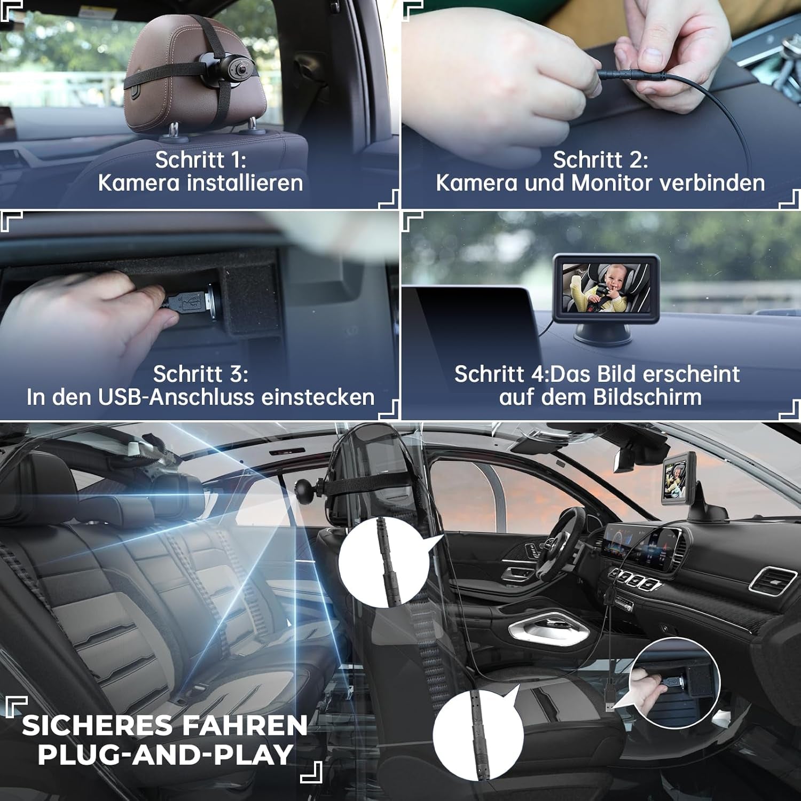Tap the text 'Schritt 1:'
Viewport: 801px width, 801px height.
[x=200, y=160]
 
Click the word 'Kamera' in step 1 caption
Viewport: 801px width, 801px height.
[x=139, y=183]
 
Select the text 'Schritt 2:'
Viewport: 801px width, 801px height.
[x=600, y=160]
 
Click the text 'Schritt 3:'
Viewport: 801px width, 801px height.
[x=200, y=374]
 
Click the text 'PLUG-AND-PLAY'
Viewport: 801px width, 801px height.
[x=166, y=755]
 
